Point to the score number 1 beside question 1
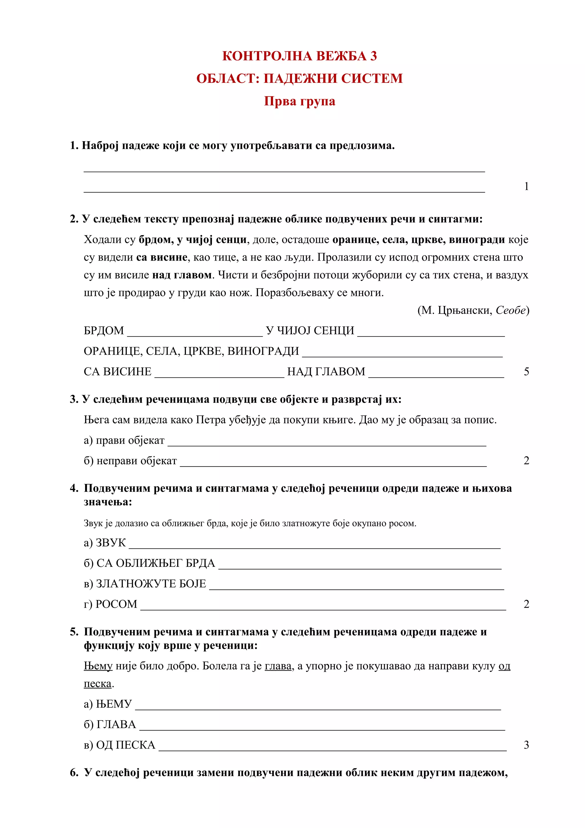526,187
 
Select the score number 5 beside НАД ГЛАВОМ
526,371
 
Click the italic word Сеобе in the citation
510,310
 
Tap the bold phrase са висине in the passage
162,257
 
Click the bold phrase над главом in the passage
182,275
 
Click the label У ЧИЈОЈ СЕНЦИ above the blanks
310,331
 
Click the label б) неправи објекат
130,461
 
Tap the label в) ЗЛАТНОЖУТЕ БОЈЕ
145,583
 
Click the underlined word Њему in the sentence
98,666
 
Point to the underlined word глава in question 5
278,666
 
